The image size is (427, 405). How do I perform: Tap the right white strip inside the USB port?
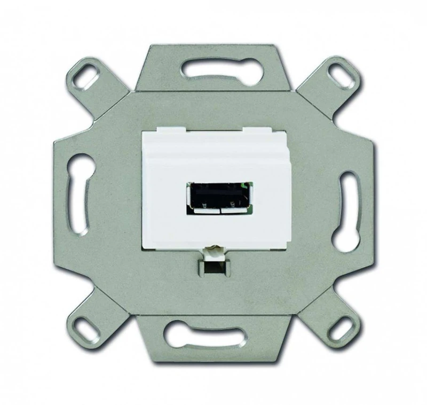(x=234, y=209)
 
